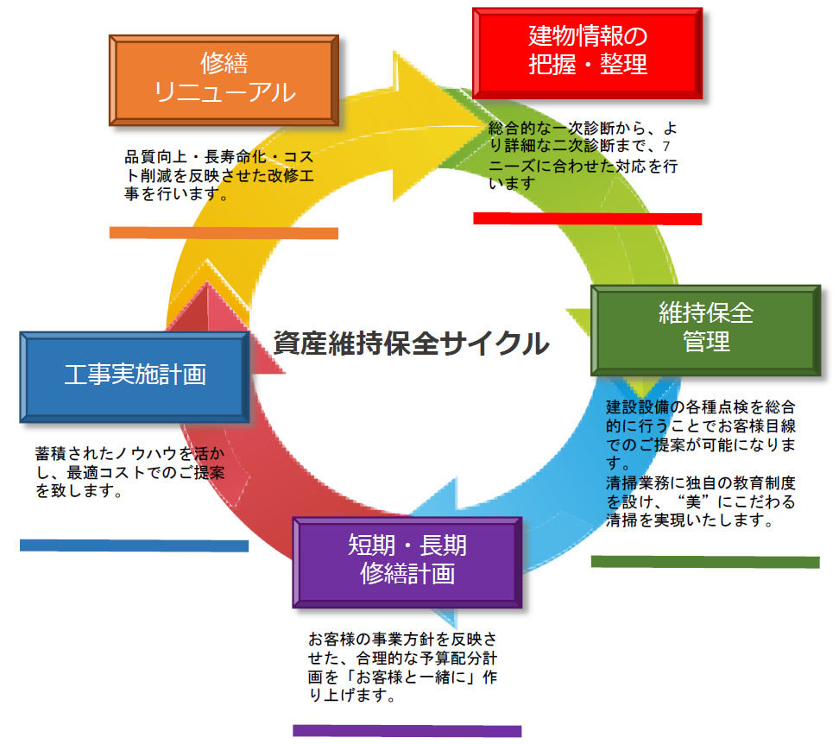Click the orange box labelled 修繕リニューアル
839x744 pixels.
coord(224,79)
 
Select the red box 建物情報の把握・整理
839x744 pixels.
coord(588,51)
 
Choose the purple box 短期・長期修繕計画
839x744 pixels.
coord(407,559)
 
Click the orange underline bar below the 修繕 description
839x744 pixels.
coord(224,233)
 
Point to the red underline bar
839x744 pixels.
coord(587,218)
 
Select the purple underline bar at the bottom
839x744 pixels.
coord(407,730)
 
